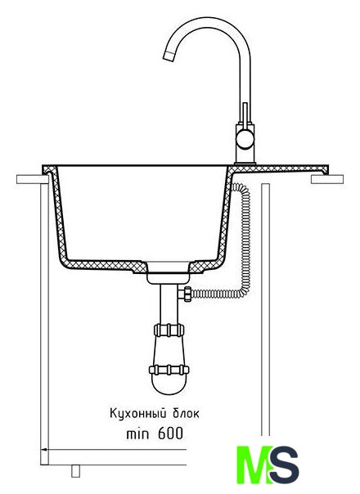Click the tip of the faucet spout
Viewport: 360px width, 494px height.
(x=168, y=56)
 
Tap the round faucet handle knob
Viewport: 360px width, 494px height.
(x=245, y=140)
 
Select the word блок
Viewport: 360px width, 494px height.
(x=187, y=413)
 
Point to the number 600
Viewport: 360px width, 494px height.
(x=170, y=433)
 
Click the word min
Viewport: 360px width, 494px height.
(x=137, y=434)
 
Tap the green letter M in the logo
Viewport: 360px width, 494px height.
(x=254, y=465)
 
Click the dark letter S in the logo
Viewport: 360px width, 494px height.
(x=285, y=465)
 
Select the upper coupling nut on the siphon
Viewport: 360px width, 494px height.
(x=169, y=330)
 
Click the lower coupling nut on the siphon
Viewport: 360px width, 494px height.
(x=169, y=370)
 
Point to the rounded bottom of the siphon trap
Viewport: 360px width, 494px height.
(x=169, y=385)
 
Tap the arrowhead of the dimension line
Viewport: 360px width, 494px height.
(x=44, y=449)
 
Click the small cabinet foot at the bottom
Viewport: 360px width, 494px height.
(x=75, y=470)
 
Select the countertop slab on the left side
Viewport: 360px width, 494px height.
(x=33, y=179)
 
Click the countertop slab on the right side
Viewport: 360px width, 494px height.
(x=327, y=179)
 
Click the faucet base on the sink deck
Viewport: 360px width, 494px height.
(x=245, y=163)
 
